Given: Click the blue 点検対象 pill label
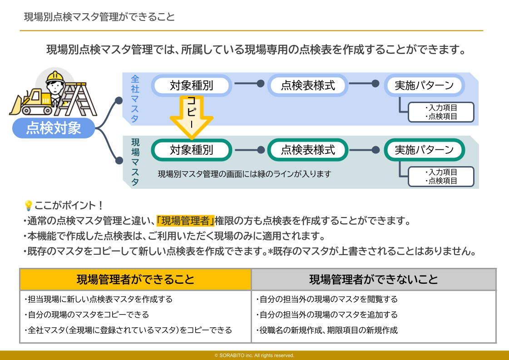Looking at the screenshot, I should pos(54,128).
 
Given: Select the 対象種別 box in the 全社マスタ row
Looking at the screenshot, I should pos(191,85).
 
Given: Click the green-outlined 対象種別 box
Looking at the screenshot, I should pos(191,150).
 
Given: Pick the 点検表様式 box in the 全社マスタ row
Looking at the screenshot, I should pos(308,85).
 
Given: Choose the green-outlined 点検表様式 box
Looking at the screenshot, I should pos(308,150).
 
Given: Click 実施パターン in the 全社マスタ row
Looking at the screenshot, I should pos(424,85).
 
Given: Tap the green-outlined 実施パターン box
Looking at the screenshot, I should pos(424,150).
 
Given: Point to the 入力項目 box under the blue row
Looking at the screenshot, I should pos(441,112).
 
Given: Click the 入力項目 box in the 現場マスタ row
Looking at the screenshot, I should pos(441,177).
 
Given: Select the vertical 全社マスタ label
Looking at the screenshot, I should pos(135,99).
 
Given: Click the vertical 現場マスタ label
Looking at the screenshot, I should pos(135,162).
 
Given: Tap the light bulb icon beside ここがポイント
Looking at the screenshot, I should pos(28,206).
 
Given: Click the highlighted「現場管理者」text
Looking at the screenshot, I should pos(185,221).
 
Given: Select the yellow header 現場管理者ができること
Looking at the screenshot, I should pos(135,279).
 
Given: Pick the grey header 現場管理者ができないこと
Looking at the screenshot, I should pos(373,279).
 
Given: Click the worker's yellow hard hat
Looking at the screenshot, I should pos(54,75).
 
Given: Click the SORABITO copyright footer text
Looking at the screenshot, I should pos(254,355).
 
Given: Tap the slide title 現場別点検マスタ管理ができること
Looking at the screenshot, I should pos(99,17).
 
